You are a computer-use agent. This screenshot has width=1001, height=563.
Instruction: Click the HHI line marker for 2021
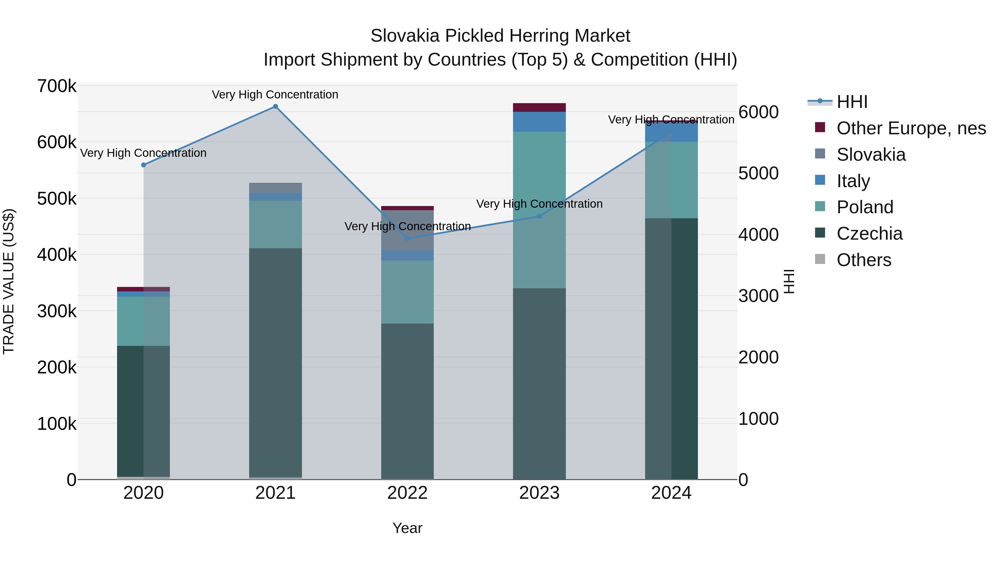[275, 106]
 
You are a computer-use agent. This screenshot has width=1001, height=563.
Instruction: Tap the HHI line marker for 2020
[143, 165]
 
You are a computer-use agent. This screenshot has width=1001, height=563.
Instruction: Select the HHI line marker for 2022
[407, 238]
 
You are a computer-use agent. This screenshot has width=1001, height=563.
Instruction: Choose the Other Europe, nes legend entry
[911, 128]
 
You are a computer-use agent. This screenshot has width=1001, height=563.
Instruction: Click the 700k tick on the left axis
[57, 86]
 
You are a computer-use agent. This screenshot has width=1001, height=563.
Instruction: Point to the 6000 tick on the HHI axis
[759, 112]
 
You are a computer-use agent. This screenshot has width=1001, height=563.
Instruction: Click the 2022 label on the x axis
[407, 493]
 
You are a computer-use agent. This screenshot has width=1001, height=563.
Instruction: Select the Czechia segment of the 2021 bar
[275, 361]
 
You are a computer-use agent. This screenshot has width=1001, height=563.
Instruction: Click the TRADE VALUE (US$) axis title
[9, 281]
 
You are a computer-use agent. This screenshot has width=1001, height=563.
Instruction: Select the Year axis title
[407, 528]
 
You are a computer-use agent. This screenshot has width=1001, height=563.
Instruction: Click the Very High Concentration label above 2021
[275, 95]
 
